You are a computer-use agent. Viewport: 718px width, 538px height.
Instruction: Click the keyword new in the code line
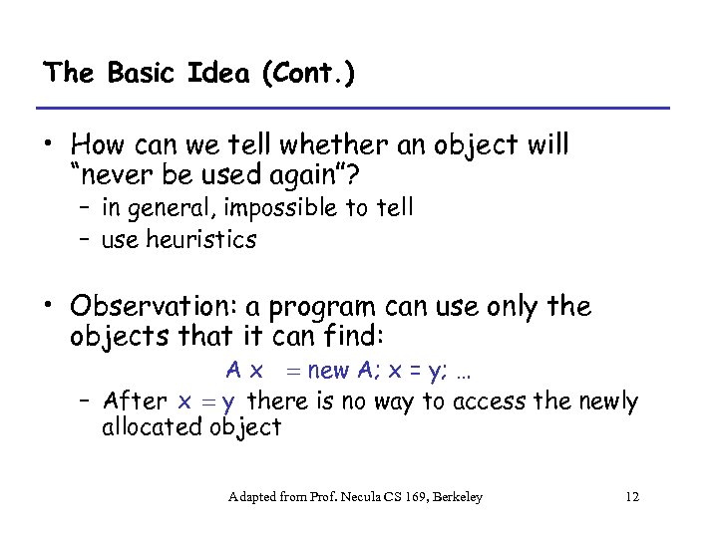[x=329, y=372]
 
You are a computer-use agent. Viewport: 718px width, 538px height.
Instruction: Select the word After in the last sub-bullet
[x=136, y=402]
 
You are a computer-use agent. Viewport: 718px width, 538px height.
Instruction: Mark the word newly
[x=606, y=402]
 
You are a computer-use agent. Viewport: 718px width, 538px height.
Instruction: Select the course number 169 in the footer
[x=418, y=496]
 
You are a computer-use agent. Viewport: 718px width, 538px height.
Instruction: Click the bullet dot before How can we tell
[x=48, y=145]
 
